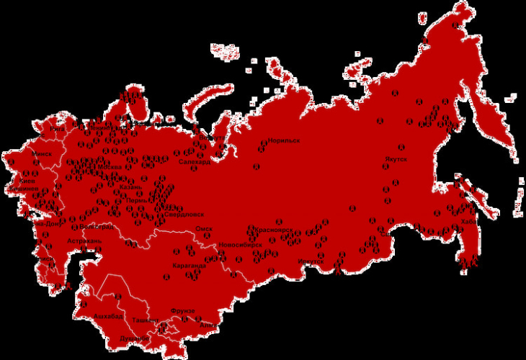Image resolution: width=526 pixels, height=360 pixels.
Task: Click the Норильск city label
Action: click(x=283, y=140)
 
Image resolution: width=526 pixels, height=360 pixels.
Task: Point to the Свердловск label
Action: click(x=184, y=215)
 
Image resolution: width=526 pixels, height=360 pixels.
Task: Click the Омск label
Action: click(x=204, y=230)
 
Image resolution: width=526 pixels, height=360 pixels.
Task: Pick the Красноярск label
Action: click(x=274, y=230)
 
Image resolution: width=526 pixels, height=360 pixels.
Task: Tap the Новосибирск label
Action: click(x=240, y=244)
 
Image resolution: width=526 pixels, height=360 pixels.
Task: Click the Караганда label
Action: click(x=190, y=266)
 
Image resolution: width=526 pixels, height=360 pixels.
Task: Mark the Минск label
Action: click(x=42, y=154)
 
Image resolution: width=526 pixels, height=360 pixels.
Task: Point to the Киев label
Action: click(x=27, y=181)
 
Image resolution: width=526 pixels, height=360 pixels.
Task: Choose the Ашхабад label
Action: click(x=109, y=315)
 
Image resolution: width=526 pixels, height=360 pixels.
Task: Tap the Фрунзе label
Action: click(x=182, y=310)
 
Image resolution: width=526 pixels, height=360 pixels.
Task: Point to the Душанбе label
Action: click(x=135, y=338)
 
